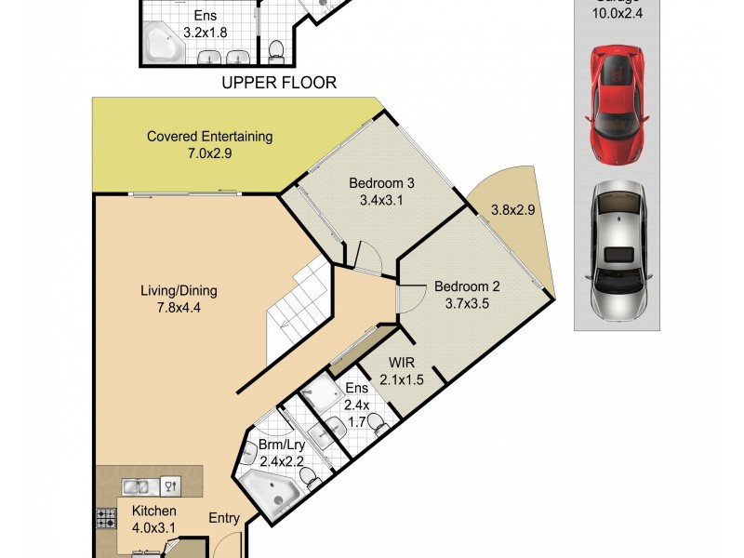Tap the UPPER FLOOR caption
pyautogui.click(x=278, y=83)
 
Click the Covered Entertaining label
pyautogui.click(x=209, y=145)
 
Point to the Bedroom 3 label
pyautogui.click(x=381, y=191)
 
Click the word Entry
pyautogui.click(x=224, y=518)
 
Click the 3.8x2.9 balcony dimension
pyautogui.click(x=512, y=210)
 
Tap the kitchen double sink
pyautogui.click(x=136, y=485)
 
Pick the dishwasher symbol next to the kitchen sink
pyautogui.click(x=170, y=485)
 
